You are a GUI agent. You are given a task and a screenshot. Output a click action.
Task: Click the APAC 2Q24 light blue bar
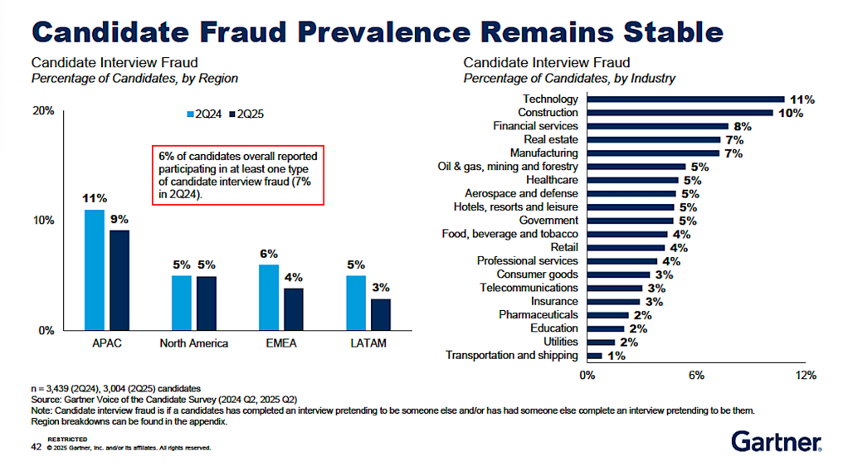[95, 269]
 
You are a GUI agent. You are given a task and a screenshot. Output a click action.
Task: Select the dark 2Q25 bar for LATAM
[381, 314]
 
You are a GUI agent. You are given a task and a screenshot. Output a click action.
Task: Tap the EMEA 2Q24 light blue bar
[269, 297]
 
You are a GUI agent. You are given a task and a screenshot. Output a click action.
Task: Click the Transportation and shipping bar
[594, 356]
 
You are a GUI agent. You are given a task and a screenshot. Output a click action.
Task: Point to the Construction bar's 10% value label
[791, 113]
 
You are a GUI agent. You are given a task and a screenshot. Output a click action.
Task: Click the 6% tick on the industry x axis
[696, 376]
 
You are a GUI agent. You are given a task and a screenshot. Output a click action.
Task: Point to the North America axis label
[193, 343]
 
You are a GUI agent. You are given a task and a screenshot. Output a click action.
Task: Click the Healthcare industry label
[552, 180]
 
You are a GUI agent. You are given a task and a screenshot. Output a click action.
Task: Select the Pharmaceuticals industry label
[539, 315]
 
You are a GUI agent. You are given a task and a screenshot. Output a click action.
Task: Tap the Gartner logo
[776, 441]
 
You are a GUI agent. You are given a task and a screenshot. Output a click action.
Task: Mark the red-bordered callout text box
[237, 174]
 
